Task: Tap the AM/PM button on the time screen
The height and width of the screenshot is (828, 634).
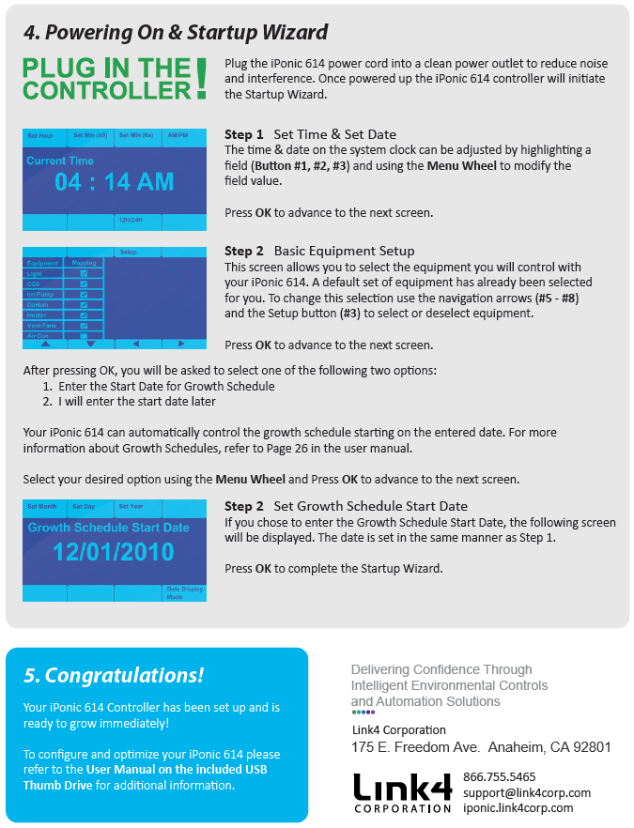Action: click(x=183, y=135)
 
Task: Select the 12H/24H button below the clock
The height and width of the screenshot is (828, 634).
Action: click(x=137, y=222)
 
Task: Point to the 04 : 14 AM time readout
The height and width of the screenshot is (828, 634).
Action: click(x=114, y=182)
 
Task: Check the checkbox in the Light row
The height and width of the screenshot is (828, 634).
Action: click(x=85, y=273)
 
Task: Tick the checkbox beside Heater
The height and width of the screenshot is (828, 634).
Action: click(x=85, y=314)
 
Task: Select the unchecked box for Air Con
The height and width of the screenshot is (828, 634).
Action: click(x=85, y=335)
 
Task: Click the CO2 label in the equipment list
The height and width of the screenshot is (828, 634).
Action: click(x=36, y=284)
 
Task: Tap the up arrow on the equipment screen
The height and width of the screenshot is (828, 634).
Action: click(x=44, y=345)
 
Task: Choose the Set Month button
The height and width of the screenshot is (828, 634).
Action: click(x=42, y=507)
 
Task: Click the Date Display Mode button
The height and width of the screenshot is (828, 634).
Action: click(x=184, y=592)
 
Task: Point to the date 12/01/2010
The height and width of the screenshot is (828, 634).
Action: click(x=114, y=551)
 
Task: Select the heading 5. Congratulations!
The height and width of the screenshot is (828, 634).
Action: click(x=114, y=675)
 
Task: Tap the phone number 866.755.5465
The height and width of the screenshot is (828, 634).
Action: click(x=500, y=776)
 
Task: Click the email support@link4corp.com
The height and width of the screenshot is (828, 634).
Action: click(x=527, y=792)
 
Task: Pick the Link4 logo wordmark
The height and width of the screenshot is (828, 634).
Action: click(x=402, y=787)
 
